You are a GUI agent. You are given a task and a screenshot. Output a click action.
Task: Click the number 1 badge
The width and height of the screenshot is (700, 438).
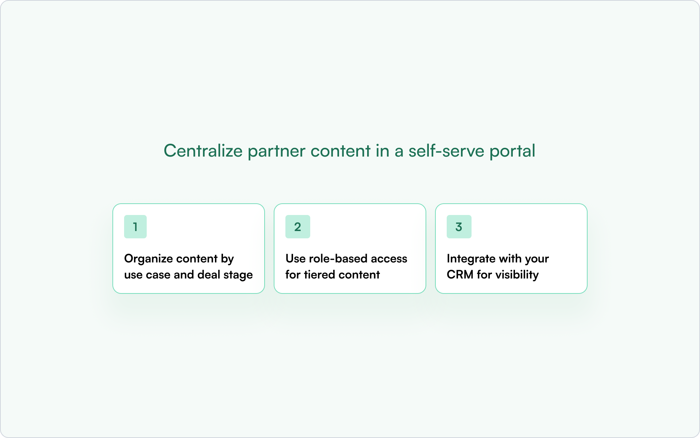pyautogui.click(x=135, y=227)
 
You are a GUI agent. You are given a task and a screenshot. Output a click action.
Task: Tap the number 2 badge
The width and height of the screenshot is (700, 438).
pyautogui.click(x=297, y=227)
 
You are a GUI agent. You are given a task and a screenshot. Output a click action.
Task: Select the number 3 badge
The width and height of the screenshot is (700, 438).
pyautogui.click(x=459, y=227)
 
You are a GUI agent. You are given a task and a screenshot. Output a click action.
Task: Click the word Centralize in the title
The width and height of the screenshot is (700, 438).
pyautogui.click(x=203, y=151)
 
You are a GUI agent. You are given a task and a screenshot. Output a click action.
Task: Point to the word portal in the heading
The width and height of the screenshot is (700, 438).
pyautogui.click(x=512, y=151)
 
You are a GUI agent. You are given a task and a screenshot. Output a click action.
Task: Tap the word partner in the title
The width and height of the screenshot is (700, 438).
pyautogui.click(x=276, y=151)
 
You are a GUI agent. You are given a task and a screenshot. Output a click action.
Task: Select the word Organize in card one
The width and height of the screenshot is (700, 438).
pyautogui.click(x=148, y=259)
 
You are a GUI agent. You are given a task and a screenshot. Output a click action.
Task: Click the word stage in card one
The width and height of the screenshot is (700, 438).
pyautogui.click(x=238, y=275)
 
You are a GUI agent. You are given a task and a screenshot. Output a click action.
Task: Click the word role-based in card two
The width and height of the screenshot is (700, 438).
pyautogui.click(x=338, y=258)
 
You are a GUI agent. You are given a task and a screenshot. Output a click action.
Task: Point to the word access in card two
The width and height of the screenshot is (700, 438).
pyautogui.click(x=389, y=258)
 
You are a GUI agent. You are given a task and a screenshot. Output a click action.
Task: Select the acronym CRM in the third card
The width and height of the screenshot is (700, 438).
pyautogui.click(x=460, y=274)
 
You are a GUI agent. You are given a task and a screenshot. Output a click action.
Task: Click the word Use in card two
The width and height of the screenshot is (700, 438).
pyautogui.click(x=295, y=258)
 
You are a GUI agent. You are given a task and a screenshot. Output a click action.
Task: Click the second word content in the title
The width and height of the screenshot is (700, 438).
pyautogui.click(x=340, y=151)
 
